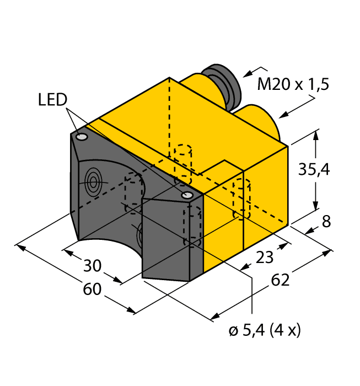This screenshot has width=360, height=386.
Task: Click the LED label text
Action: tap(52, 100)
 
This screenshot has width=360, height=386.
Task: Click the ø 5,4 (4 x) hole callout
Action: tap(264, 331)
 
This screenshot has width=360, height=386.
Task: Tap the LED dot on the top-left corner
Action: tap(82, 137)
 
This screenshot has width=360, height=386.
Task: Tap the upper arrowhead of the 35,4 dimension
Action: tap(316, 134)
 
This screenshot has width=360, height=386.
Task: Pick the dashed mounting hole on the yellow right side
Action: tap(241, 199)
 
